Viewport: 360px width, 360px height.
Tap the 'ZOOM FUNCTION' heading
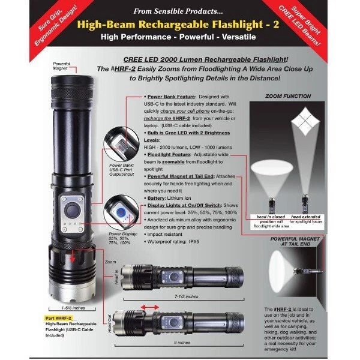point(289,95)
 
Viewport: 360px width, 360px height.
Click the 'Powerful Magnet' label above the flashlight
point(62,66)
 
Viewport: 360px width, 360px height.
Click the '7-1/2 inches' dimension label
point(184,296)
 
